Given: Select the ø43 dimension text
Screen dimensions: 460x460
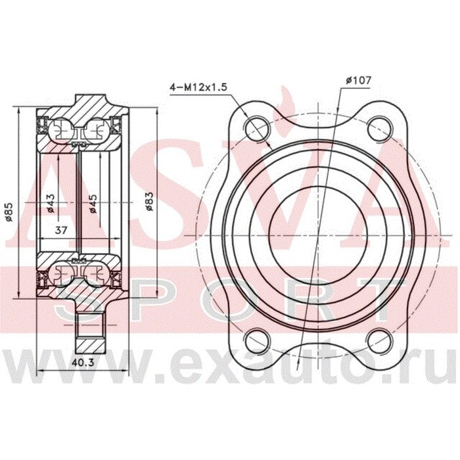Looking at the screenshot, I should tap(51, 204).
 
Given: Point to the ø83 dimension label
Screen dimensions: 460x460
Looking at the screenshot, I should tap(150, 200).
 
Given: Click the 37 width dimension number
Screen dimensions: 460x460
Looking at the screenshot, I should tap(61, 231).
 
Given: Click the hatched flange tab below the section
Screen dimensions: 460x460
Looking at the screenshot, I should tap(85, 332).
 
